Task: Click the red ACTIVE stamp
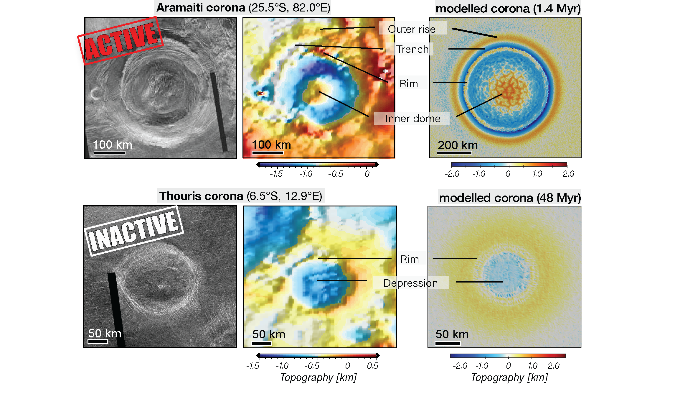pyautogui.click(x=121, y=41)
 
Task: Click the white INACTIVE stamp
pyautogui.click(x=134, y=231)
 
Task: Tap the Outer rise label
pyautogui.click(x=412, y=29)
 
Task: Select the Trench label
pyautogui.click(x=412, y=49)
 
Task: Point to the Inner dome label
pyautogui.click(x=412, y=119)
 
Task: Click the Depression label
pyautogui.click(x=410, y=283)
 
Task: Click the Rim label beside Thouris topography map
pyautogui.click(x=410, y=259)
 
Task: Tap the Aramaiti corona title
pyautogui.click(x=243, y=8)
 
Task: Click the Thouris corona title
pyautogui.click(x=240, y=196)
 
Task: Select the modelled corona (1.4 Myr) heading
pyautogui.click(x=508, y=9)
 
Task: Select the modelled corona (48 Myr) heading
pyautogui.click(x=510, y=198)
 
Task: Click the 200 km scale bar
pyautogui.click(x=454, y=153)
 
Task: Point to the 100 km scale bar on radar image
pyautogui.click(x=110, y=153)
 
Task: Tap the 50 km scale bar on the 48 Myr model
pyautogui.click(x=448, y=343)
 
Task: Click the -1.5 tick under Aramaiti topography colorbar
pyautogui.click(x=276, y=174)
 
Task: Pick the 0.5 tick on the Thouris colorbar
pyautogui.click(x=372, y=366)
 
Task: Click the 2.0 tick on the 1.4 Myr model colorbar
pyautogui.click(x=568, y=174)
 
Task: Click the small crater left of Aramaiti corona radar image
pyautogui.click(x=95, y=94)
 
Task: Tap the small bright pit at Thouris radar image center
pyautogui.click(x=161, y=286)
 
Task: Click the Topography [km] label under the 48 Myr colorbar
pyautogui.click(x=509, y=377)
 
